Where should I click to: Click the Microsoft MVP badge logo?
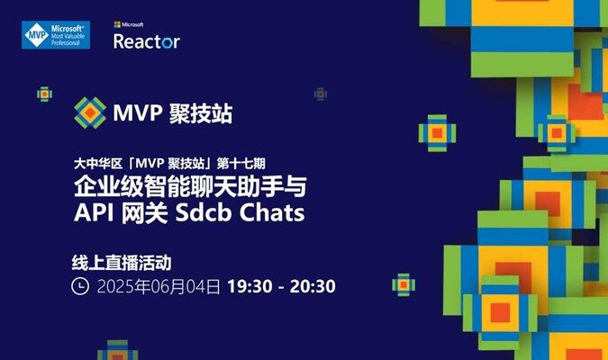pyautogui.click(x=56, y=35)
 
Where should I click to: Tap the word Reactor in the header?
pyautogui.click(x=147, y=41)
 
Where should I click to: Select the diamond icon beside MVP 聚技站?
pyautogui.click(x=90, y=112)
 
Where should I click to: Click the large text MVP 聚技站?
pyautogui.click(x=173, y=113)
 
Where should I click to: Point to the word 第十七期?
pyautogui.click(x=241, y=164)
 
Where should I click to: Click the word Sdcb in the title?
pyautogui.click(x=204, y=212)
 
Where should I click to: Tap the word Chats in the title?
pyautogui.click(x=271, y=212)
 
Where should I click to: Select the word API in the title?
pyautogui.click(x=94, y=212)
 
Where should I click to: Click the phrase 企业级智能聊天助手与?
pyautogui.click(x=190, y=186)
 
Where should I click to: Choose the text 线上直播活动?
pyautogui.click(x=122, y=263)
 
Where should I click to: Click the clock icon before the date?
pyautogui.click(x=80, y=286)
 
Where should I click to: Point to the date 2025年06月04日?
pyautogui.click(x=159, y=287)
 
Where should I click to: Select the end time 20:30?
pyautogui.click(x=313, y=286)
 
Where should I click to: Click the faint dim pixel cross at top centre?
pyautogui.click(x=321, y=94)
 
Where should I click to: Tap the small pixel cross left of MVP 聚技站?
pyautogui.click(x=45, y=94)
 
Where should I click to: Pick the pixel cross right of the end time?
pyautogui.click(x=404, y=284)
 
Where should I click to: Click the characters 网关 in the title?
pyautogui.click(x=145, y=212)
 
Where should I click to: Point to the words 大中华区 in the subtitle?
pyautogui.click(x=98, y=164)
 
